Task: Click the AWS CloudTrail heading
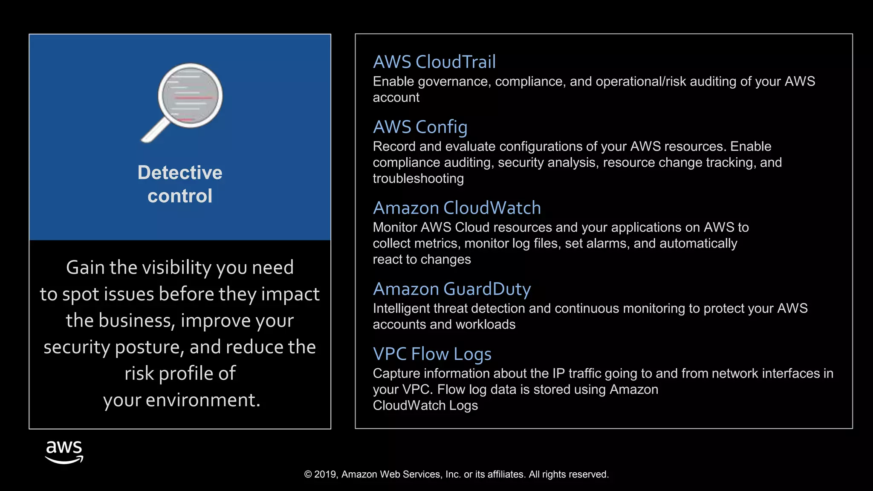[434, 62]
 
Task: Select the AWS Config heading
[420, 127]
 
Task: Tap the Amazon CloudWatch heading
[457, 208]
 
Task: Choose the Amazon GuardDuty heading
[451, 289]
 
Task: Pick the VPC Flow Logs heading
[432, 354]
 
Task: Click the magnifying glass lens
[190, 95]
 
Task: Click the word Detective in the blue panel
[179, 173]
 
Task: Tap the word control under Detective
[179, 196]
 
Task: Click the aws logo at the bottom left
[64, 452]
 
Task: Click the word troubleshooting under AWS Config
[418, 179]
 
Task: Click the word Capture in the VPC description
[396, 373]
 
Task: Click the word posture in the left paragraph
[149, 347]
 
